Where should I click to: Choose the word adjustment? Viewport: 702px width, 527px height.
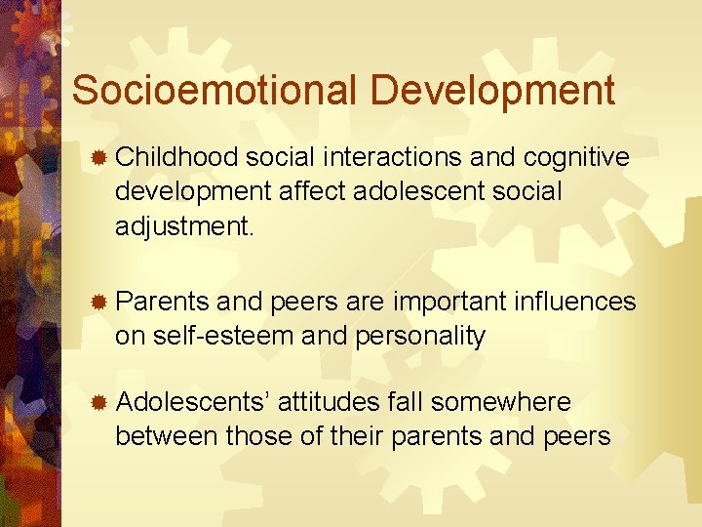pos(183,226)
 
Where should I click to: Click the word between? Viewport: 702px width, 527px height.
pos(166,436)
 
